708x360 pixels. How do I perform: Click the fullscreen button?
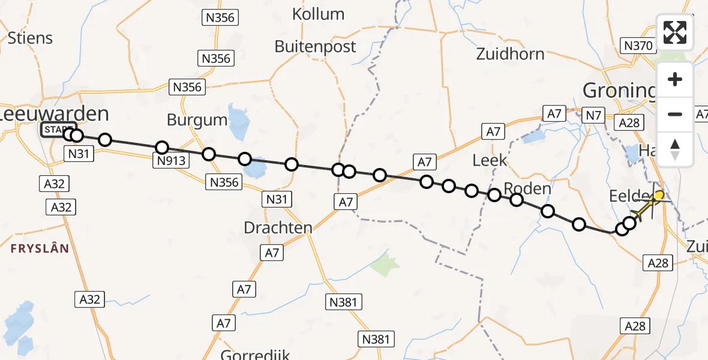[x=675, y=32]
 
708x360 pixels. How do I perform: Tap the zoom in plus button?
[x=675, y=80]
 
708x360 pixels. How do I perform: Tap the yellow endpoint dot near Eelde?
[x=659, y=196]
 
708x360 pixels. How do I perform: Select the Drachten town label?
[x=278, y=227]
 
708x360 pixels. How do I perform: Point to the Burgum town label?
[x=197, y=119]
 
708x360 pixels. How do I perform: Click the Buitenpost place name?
[x=315, y=46]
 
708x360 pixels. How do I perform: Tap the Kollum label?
[x=318, y=14]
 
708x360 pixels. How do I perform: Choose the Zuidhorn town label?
[x=510, y=54]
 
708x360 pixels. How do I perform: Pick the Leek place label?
[x=490, y=160]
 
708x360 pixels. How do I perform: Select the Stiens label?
[x=30, y=38]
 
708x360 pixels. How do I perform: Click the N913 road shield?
[x=171, y=161]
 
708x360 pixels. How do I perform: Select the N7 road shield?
[x=593, y=115]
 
